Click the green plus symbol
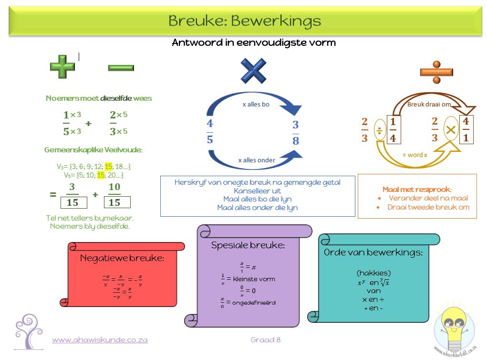[x=62, y=66]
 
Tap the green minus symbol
[x=121, y=67]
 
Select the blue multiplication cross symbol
[x=253, y=71]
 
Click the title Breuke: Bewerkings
[x=244, y=21]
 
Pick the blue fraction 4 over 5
[x=210, y=131]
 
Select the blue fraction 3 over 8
[x=296, y=133]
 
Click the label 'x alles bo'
[x=256, y=104]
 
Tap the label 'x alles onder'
[x=257, y=160]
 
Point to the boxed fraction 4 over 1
[x=466, y=129]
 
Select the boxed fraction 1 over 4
[x=393, y=129]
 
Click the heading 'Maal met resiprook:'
[x=417, y=189]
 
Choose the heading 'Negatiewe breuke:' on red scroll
[x=122, y=258]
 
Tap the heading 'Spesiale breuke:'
[x=248, y=245]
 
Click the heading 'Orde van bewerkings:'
[x=373, y=253]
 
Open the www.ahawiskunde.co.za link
[x=100, y=340]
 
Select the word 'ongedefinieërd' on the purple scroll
[x=254, y=302]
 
